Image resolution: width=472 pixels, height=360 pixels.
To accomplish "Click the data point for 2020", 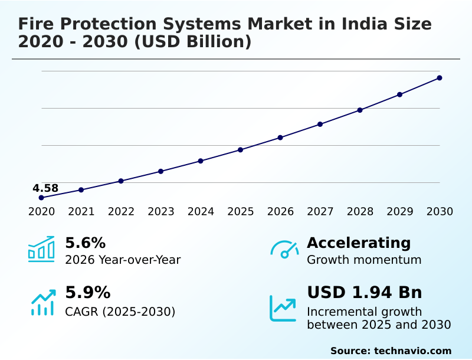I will (41, 198).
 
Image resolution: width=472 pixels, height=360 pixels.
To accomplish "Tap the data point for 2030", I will (440, 78).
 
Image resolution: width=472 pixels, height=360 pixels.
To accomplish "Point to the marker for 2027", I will (320, 124).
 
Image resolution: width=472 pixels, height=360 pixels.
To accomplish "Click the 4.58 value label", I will (45, 188).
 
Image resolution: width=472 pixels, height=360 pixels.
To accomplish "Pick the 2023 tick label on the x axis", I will (161, 212).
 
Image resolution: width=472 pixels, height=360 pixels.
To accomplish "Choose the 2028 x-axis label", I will (360, 212).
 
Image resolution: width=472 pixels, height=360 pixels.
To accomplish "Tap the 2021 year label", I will (81, 212).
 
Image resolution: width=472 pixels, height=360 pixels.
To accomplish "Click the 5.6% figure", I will (85, 243).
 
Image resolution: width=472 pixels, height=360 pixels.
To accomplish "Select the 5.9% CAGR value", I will (87, 293).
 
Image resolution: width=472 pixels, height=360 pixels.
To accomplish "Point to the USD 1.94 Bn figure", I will (365, 293).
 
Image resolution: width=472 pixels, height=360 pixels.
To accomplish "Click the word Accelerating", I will (359, 243).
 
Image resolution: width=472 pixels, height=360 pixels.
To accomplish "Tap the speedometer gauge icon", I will (284, 249).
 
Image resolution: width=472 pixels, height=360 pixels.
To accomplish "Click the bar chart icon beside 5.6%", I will (41, 249).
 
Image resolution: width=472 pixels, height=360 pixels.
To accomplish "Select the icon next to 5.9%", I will (42, 302).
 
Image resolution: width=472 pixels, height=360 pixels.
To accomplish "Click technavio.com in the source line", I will (412, 351).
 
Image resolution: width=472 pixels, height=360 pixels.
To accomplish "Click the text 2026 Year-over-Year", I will (123, 260).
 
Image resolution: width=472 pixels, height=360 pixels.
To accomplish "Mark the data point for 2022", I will (121, 181).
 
